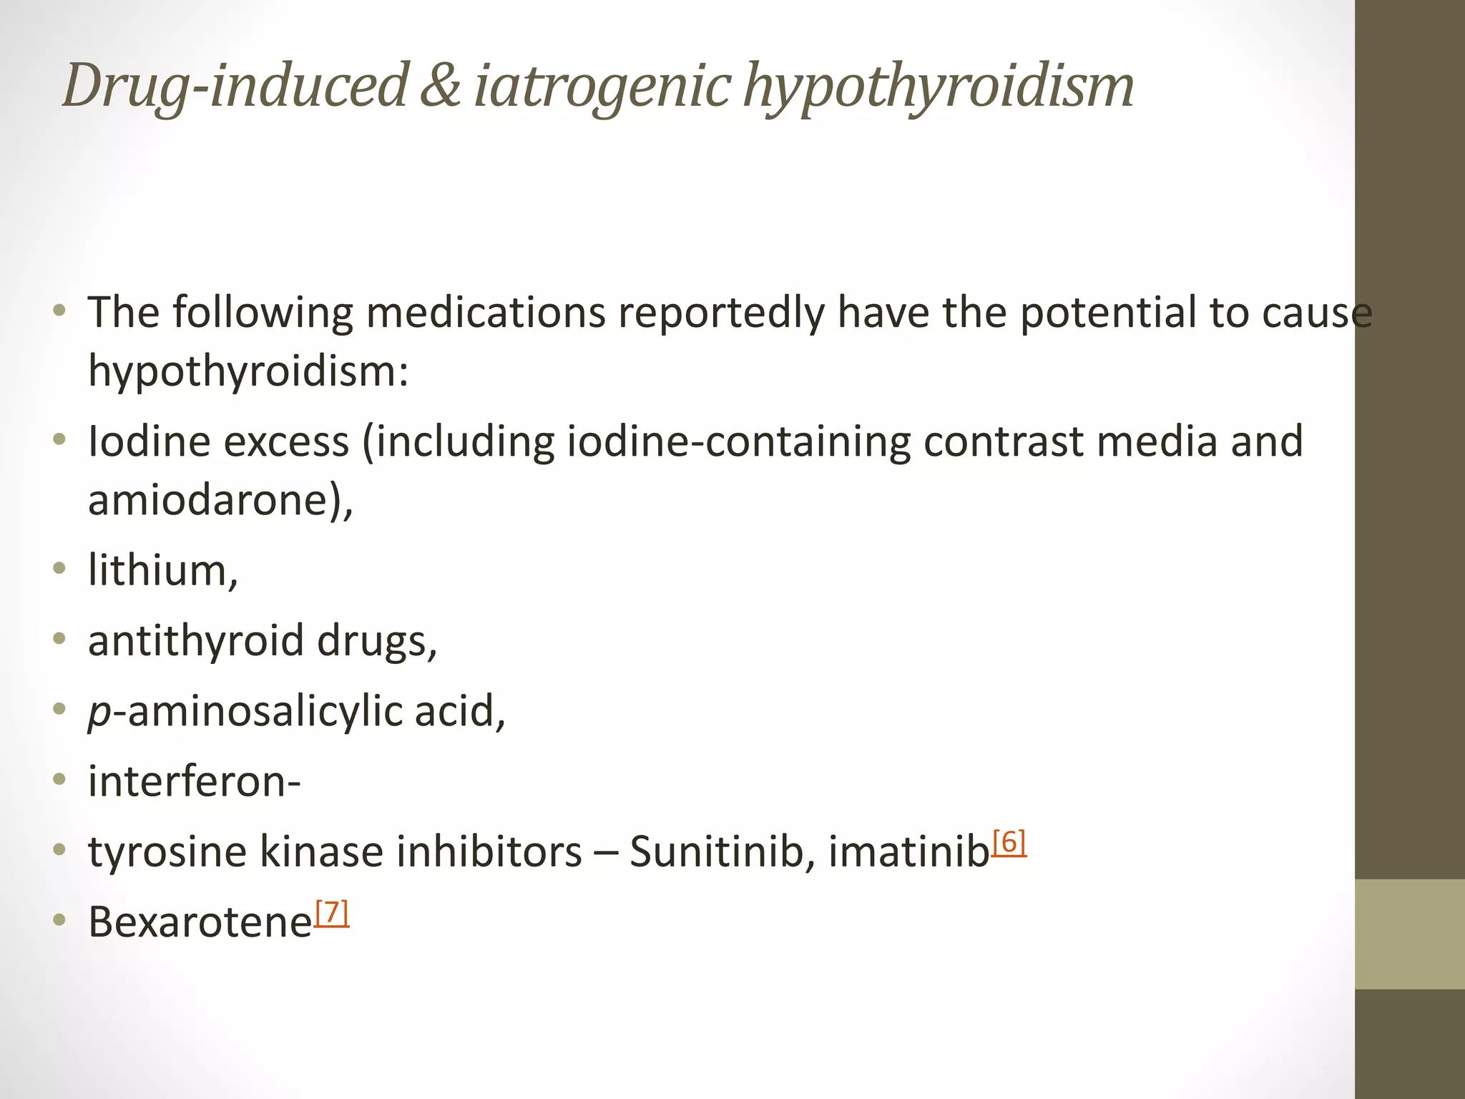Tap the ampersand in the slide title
pos(439,86)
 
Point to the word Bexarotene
pos(200,922)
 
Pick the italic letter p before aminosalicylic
pos(99,713)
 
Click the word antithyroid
pos(196,640)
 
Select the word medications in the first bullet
pos(486,313)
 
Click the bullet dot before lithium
pos(59,569)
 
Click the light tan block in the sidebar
pos(1410,934)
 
